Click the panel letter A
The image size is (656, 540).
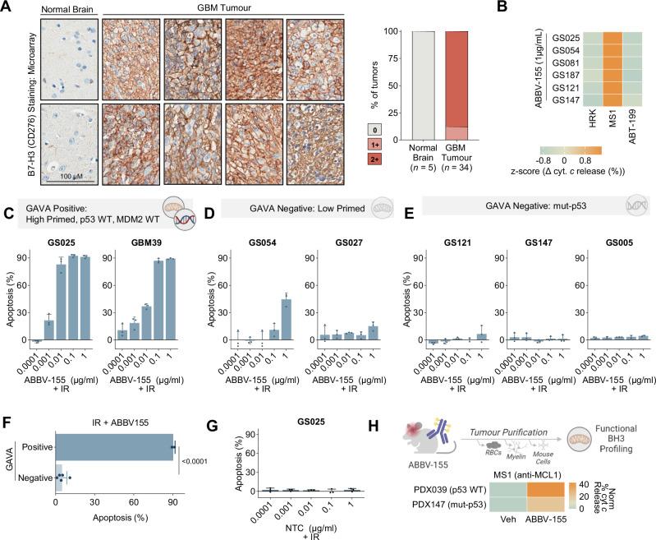[7, 8]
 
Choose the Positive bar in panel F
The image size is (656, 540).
[114, 446]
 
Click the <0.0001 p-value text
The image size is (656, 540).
[195, 459]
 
